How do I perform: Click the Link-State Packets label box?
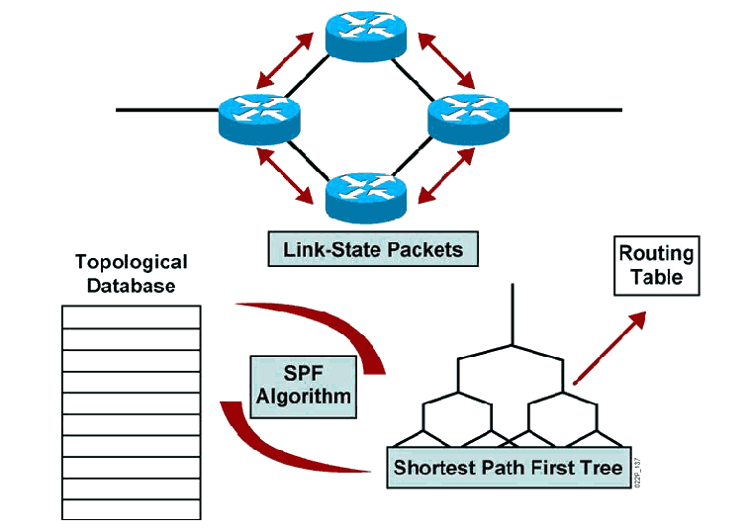(373, 249)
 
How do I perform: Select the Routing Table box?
(657, 265)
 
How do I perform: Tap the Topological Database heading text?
(132, 273)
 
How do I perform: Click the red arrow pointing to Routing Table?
(609, 347)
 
